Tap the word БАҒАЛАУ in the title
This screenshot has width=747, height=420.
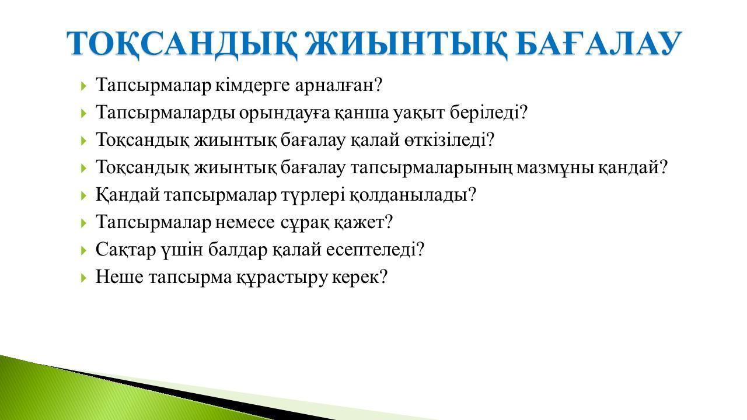[x=599, y=43]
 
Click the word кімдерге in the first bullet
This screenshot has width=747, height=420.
[x=253, y=85]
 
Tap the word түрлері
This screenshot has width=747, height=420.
[x=313, y=195]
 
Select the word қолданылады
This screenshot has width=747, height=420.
[x=413, y=195]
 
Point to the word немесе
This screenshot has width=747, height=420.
[x=245, y=222]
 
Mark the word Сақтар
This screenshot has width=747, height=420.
[x=125, y=250]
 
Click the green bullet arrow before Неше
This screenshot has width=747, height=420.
[x=83, y=277]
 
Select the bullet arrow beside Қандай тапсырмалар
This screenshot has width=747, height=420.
[x=83, y=195]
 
